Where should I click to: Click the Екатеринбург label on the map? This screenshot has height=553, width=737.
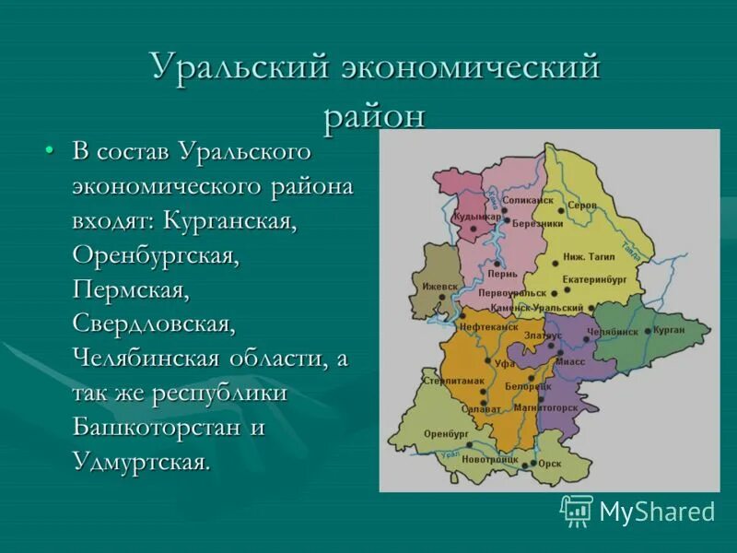595,276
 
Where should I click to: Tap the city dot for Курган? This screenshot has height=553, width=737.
648,331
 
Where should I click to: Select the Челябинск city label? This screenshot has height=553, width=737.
612,332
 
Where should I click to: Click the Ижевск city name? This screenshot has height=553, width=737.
439,286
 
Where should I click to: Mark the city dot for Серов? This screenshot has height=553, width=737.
562,211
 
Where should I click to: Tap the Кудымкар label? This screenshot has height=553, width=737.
477,217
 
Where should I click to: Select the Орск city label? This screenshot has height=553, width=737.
550,464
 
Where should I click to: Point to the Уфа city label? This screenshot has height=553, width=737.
505,364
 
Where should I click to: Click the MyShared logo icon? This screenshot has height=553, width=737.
577,511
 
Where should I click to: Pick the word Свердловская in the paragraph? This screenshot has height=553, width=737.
154,324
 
